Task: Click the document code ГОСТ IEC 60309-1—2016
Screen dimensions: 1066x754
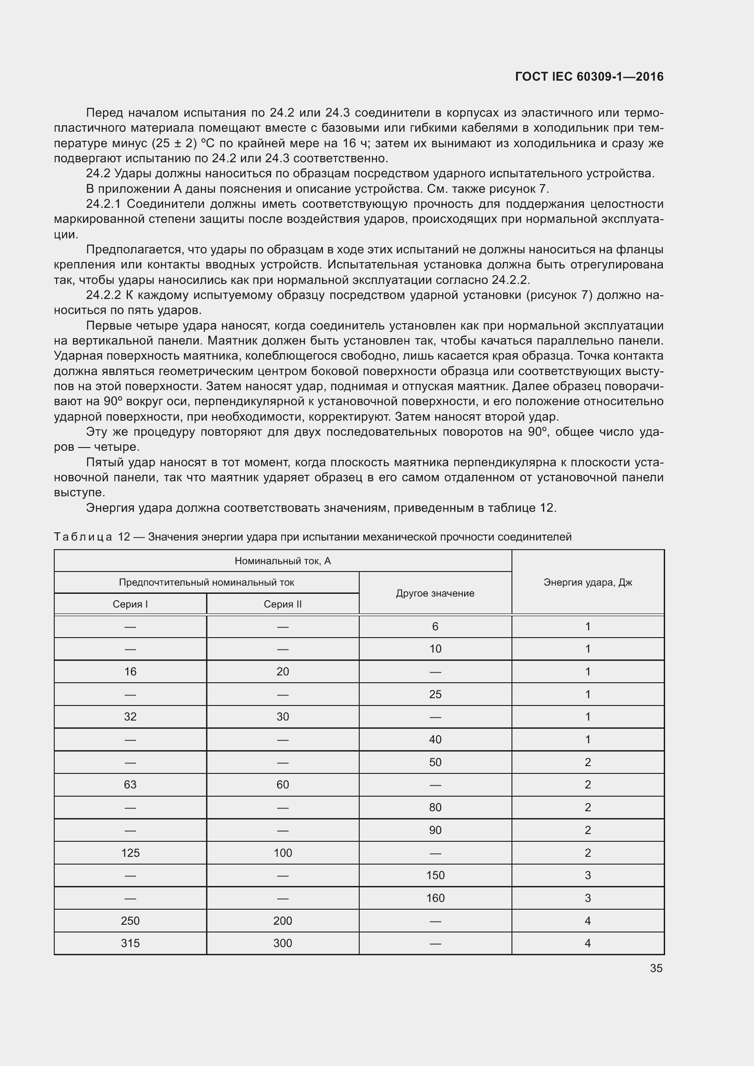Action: tap(589, 77)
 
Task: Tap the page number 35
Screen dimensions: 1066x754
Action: tap(656, 968)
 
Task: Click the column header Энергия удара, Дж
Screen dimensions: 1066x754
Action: tap(588, 582)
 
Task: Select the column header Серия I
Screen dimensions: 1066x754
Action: tap(130, 604)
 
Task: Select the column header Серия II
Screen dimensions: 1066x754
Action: tap(282, 604)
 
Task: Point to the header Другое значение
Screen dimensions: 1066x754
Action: tap(435, 593)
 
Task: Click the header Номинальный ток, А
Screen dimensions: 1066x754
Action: tap(282, 561)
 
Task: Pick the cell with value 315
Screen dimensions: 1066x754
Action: tap(130, 943)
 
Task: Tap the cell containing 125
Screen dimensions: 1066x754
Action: tap(130, 853)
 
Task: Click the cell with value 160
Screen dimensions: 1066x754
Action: tap(435, 898)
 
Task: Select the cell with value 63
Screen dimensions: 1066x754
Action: tap(130, 785)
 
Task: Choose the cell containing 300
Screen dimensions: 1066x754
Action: tap(282, 943)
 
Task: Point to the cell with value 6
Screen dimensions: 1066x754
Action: tap(435, 627)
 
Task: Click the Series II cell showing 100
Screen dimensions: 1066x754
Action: tap(282, 853)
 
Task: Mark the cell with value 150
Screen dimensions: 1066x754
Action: tap(435, 875)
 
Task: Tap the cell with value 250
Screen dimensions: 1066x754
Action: tap(130, 921)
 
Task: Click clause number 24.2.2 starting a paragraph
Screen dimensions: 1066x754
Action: tap(103, 295)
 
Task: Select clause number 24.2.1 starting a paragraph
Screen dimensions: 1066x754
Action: tap(103, 204)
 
